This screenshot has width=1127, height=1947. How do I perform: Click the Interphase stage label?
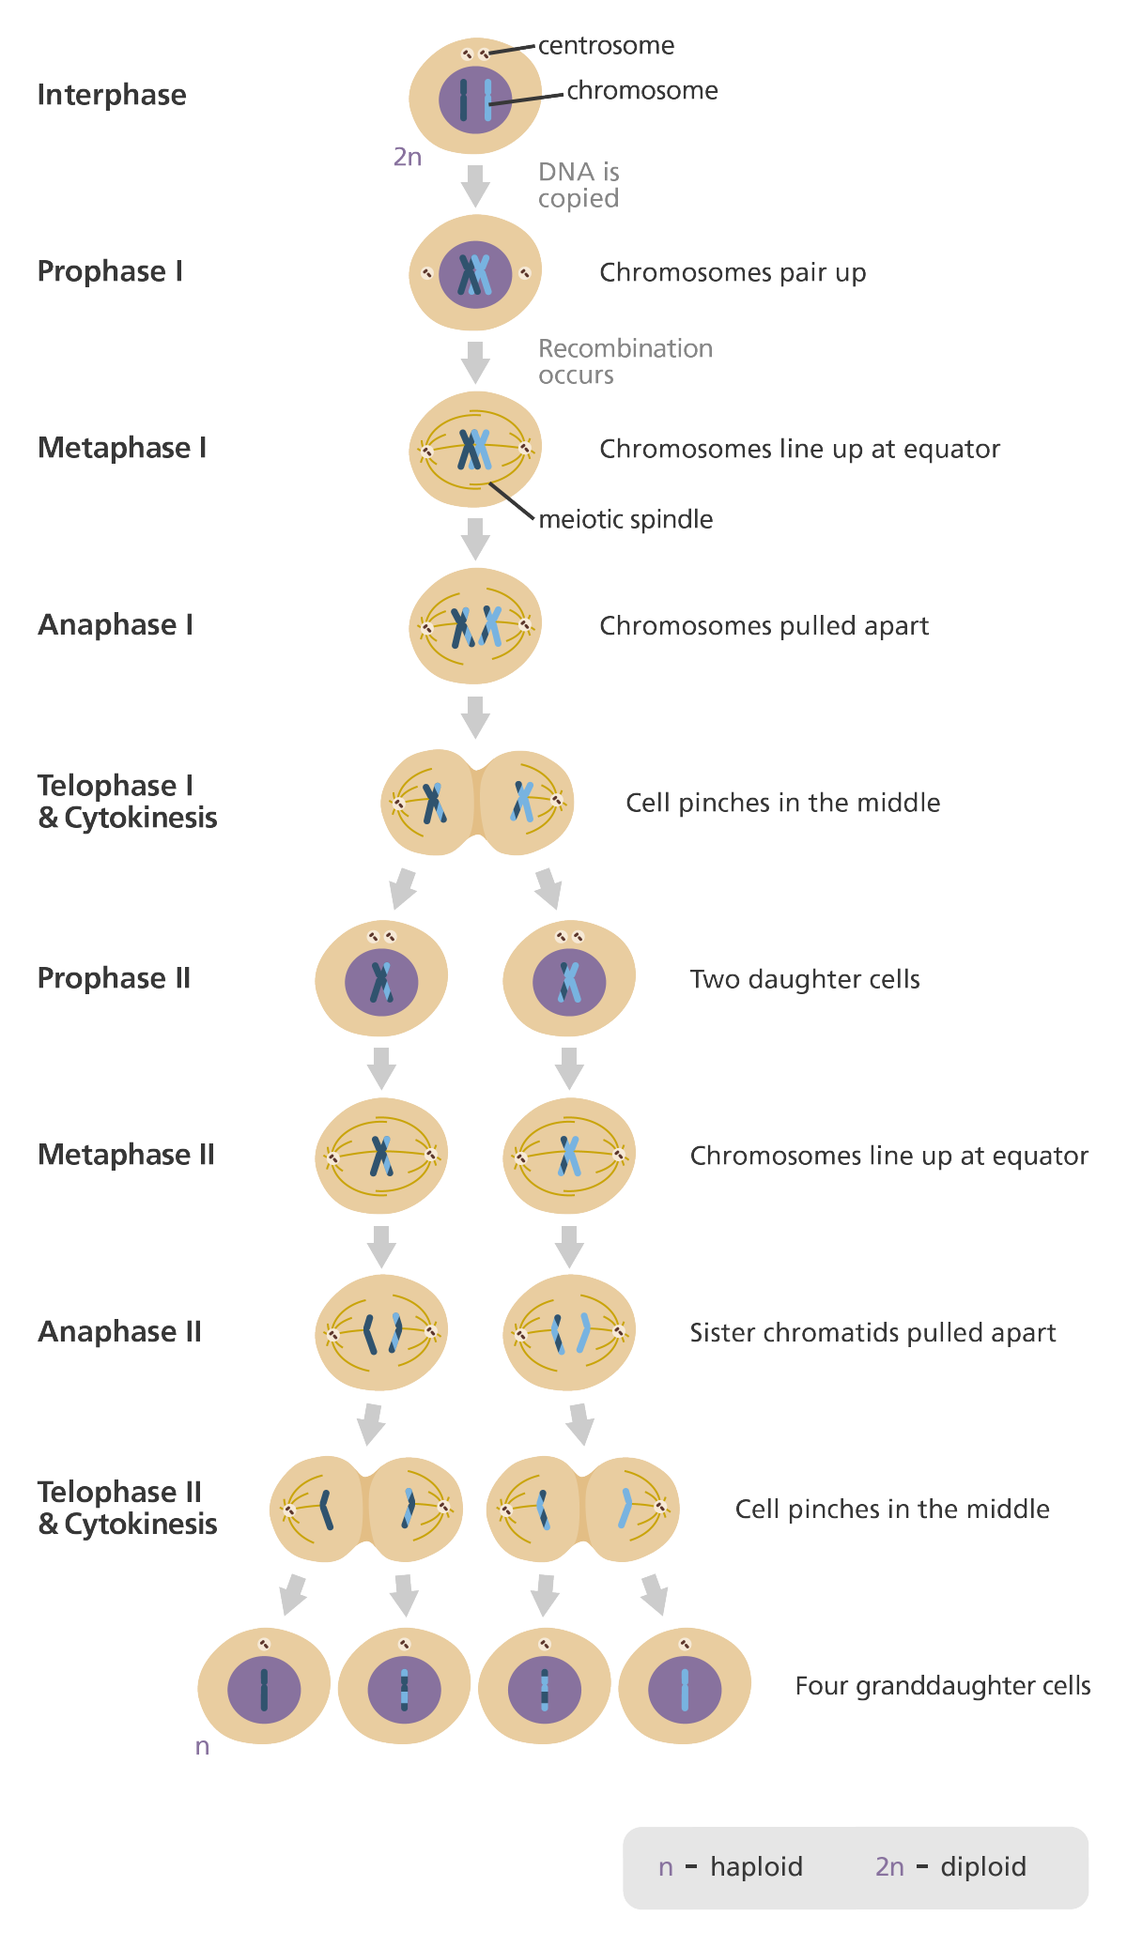pos(112,95)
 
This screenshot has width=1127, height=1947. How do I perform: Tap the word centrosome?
pos(607,45)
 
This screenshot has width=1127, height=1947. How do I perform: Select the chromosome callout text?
pos(642,90)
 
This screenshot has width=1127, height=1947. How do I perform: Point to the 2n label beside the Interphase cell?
pos(407,157)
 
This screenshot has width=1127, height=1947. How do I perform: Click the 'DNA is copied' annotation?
pos(579,185)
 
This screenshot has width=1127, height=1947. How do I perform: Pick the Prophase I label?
pos(110,271)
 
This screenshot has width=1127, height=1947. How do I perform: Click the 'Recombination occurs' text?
pos(625,361)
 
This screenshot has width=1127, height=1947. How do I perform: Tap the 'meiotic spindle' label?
pos(625,519)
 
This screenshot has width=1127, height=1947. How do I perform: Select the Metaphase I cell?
pos(475,449)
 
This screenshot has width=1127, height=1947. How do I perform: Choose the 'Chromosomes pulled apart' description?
pos(764,625)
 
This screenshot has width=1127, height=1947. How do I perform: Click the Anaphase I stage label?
pos(116,624)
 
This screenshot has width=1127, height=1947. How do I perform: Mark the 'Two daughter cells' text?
pos(805,979)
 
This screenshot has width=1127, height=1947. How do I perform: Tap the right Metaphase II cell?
pos(569,1156)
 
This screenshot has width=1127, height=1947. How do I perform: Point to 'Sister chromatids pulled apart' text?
pos(873,1332)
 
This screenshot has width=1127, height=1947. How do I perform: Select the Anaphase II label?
pos(119,1331)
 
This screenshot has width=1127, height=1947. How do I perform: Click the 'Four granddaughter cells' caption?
pos(943,1685)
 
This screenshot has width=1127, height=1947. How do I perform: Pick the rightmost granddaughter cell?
pos(685,1687)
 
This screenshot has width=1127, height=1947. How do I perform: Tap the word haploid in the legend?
pos(756,1866)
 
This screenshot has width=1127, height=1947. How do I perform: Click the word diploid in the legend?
pos(983,1866)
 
